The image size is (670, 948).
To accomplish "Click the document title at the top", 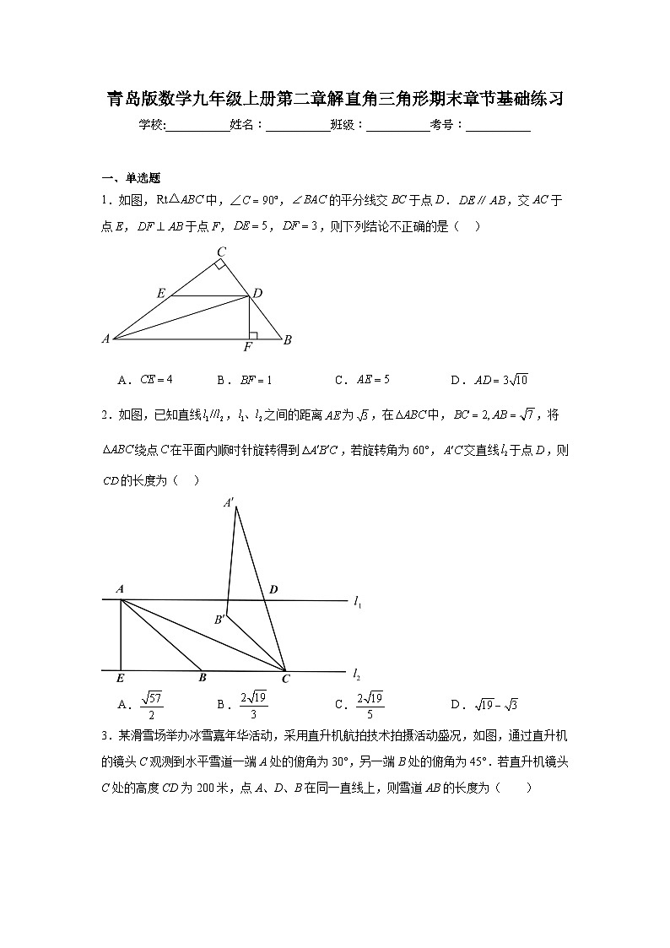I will pyautogui.click(x=334, y=100).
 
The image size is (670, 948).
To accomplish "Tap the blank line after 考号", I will pyautogui.click(x=498, y=126).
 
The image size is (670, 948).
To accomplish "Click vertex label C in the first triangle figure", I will pyautogui.click(x=221, y=252).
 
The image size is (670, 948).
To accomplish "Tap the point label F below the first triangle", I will pyautogui.click(x=248, y=347).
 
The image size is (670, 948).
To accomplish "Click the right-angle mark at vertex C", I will pyautogui.click(x=219, y=265).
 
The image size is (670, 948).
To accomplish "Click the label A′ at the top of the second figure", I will pyautogui.click(x=229, y=502).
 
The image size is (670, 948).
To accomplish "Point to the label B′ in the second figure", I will pyautogui.click(x=219, y=620).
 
